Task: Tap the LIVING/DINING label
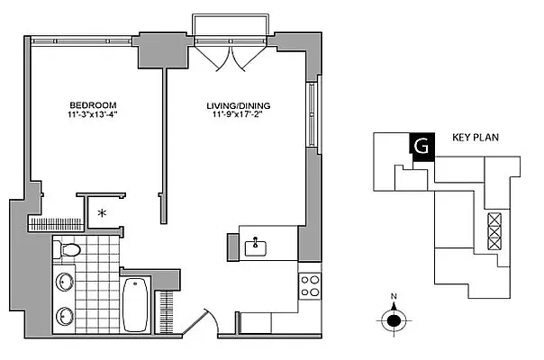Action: [x=237, y=104]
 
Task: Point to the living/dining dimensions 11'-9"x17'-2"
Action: [x=237, y=115]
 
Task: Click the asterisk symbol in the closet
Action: [x=102, y=213]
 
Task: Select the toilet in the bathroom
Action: [x=68, y=249]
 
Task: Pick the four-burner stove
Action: [x=311, y=285]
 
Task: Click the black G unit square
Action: [x=419, y=146]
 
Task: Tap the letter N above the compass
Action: [x=394, y=296]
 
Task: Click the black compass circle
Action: [x=394, y=319]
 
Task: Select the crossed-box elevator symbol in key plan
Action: [x=494, y=230]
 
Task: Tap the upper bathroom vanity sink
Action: [x=65, y=282]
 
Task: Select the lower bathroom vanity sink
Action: [x=65, y=316]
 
